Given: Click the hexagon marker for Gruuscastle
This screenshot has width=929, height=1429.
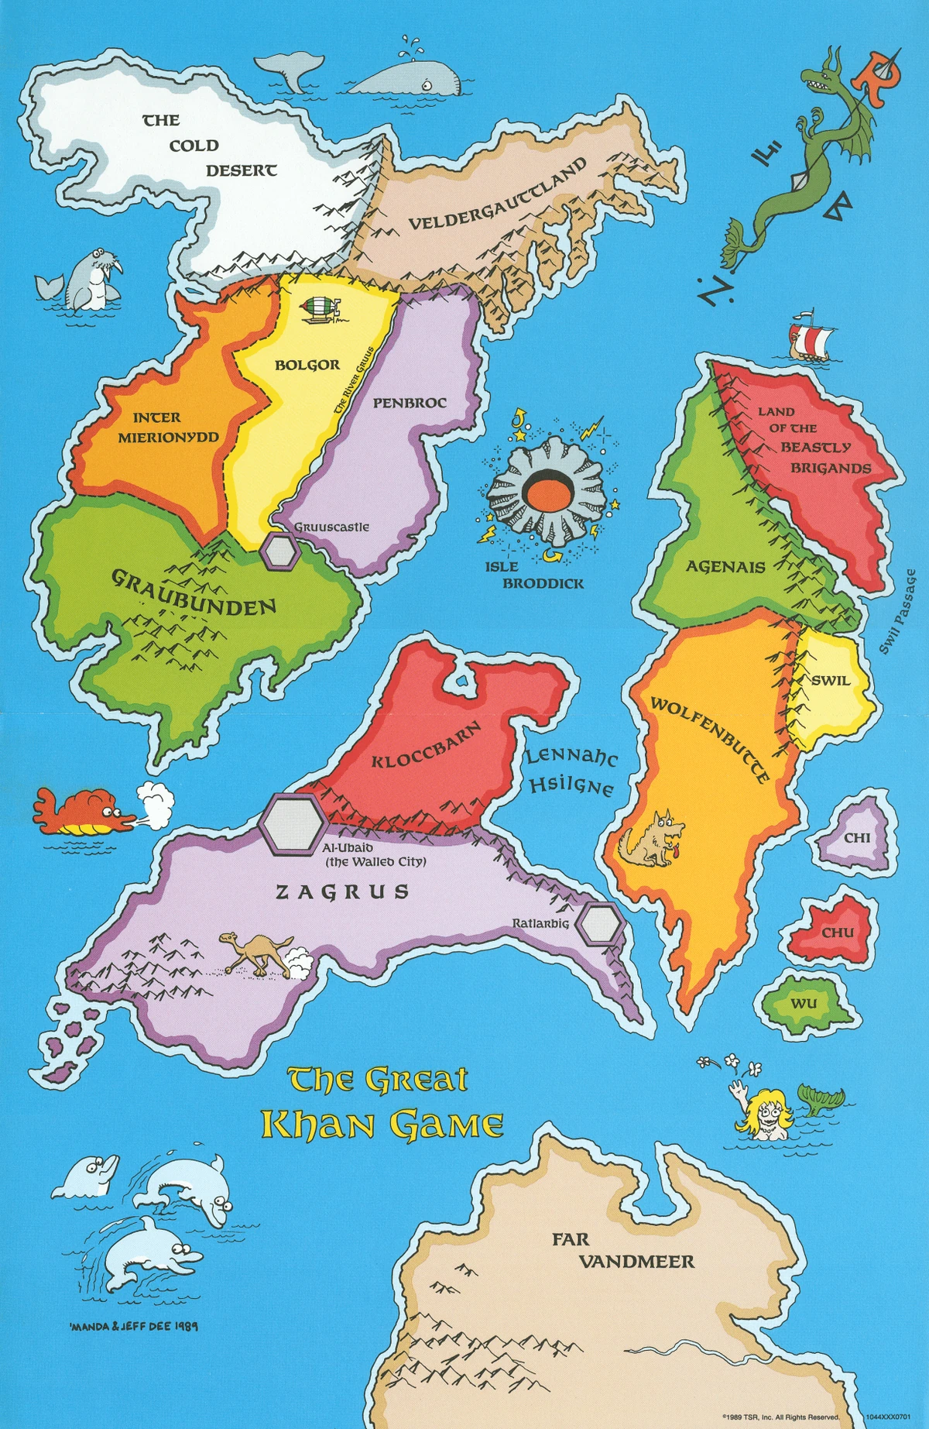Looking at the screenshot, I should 280,551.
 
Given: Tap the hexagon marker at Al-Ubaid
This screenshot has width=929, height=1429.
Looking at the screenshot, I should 292,824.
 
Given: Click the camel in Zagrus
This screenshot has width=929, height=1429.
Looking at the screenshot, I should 255,953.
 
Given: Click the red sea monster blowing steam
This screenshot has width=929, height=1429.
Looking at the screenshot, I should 77,811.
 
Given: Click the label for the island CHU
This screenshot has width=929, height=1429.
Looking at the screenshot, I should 838,933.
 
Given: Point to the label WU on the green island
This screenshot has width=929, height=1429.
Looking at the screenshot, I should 804,1004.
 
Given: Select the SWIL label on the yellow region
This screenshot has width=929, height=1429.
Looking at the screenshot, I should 830,681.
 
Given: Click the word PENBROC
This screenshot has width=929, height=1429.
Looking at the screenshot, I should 410,404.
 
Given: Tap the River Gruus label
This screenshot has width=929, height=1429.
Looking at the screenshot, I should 354,379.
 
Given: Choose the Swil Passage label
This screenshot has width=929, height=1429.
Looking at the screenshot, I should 898,611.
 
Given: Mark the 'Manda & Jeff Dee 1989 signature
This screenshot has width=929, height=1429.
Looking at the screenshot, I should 133,1325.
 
